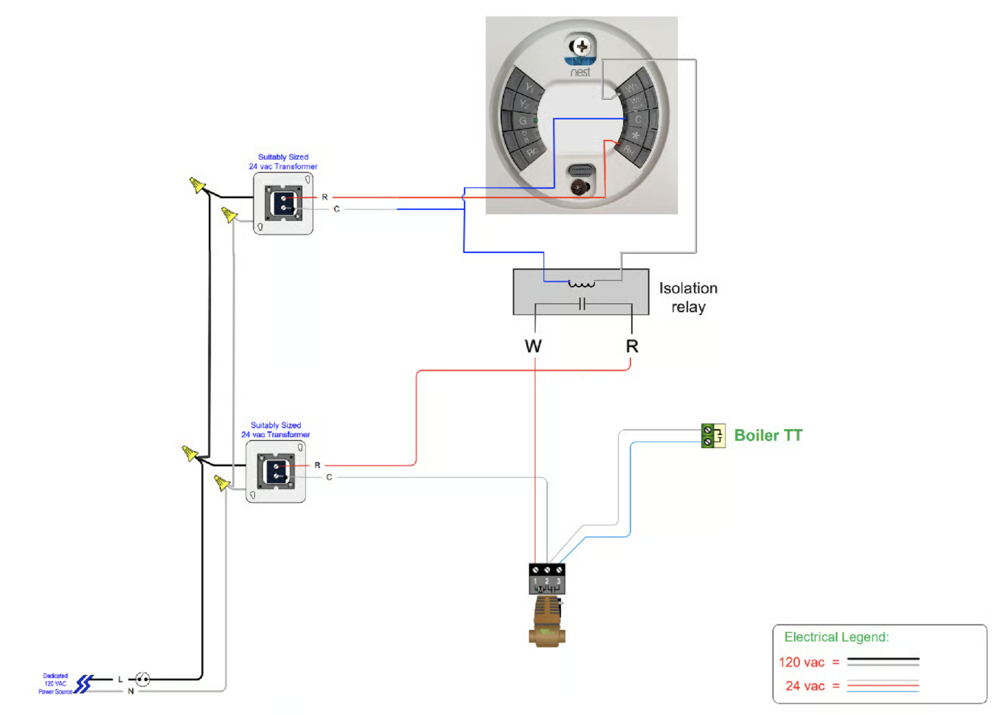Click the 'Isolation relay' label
click(x=688, y=298)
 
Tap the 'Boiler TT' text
click(x=768, y=435)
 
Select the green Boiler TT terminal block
click(x=713, y=436)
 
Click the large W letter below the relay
click(x=533, y=347)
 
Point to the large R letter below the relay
click(x=632, y=347)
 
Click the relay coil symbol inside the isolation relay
click(x=581, y=284)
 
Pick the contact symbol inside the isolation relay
click(x=582, y=304)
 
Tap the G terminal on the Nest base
click(x=522, y=121)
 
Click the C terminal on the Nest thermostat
click(x=638, y=119)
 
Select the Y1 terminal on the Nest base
click(x=530, y=87)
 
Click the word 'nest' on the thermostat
click(x=580, y=72)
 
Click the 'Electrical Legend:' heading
click(x=836, y=637)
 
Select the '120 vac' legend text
click(x=801, y=662)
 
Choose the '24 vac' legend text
click(x=805, y=686)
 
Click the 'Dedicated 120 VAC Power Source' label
click(x=55, y=684)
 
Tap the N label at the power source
click(x=131, y=691)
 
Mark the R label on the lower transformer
click(x=318, y=465)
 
